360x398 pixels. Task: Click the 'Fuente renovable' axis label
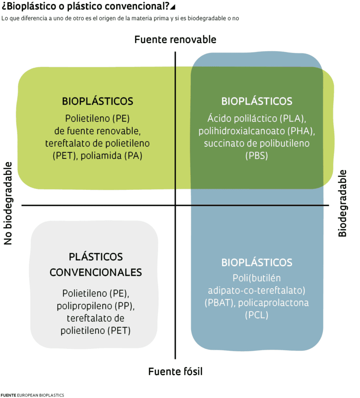click(x=175, y=39)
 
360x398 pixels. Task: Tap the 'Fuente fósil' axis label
click(x=175, y=372)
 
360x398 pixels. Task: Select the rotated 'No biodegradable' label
click(x=8, y=203)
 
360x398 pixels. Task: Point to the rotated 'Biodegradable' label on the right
click(x=343, y=203)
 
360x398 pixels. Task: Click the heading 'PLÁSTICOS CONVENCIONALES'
click(x=96, y=264)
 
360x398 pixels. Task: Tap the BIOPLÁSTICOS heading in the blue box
click(x=256, y=262)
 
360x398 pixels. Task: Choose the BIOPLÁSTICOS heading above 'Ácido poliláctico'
click(x=256, y=101)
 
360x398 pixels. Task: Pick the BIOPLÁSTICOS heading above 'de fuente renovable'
click(x=97, y=101)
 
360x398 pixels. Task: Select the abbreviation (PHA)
click(x=300, y=131)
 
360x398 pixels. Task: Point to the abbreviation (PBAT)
click(x=220, y=303)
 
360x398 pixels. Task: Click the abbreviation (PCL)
click(x=256, y=315)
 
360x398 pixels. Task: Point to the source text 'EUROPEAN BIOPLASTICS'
click(x=40, y=395)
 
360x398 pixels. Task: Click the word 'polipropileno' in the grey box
click(x=88, y=306)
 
